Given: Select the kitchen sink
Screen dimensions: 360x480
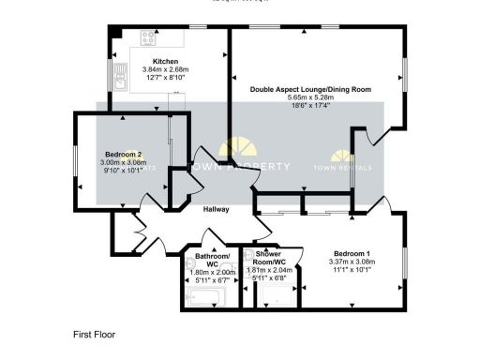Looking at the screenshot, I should click(x=122, y=74).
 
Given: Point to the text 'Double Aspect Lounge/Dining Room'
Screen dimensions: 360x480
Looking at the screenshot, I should click(x=310, y=89).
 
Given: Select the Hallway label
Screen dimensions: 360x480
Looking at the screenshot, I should click(x=216, y=209).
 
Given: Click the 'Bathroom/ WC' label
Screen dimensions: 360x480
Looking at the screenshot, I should click(x=212, y=260).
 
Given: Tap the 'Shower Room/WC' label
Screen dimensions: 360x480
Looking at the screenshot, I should click(x=269, y=258).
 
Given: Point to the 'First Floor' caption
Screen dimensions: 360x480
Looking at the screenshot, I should click(x=94, y=333).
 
